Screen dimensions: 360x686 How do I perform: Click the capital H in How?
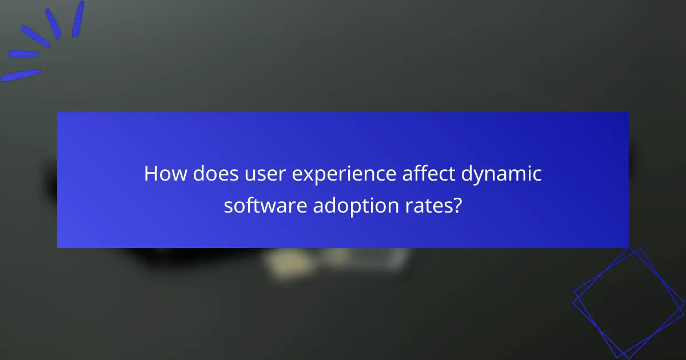[x=151, y=174]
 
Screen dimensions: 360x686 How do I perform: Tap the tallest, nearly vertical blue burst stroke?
[x=78, y=19]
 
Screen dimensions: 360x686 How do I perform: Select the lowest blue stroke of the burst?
[x=21, y=75]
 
